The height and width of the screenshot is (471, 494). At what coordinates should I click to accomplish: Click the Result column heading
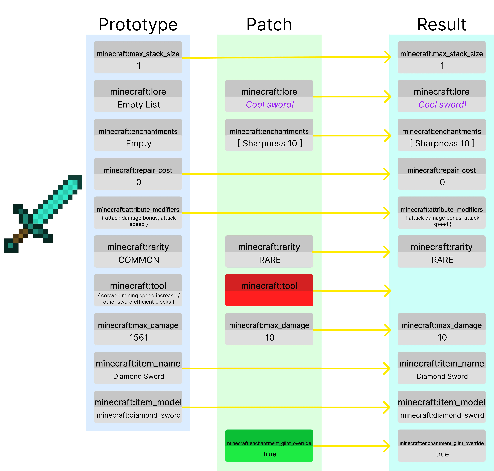pyautogui.click(x=441, y=25)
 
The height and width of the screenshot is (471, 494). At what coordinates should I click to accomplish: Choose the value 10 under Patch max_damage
pyautogui.click(x=270, y=337)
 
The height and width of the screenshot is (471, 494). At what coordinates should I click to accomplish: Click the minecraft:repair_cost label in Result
pyautogui.click(x=441, y=170)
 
